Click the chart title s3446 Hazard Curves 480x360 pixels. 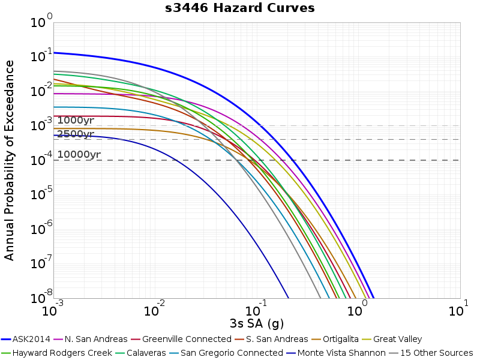click(x=239, y=8)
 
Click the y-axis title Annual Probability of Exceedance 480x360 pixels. click(x=9, y=160)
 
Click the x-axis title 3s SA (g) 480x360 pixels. click(x=257, y=323)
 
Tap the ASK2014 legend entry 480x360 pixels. click(x=25, y=339)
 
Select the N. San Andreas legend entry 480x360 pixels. click(x=91, y=339)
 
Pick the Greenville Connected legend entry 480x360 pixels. click(x=181, y=339)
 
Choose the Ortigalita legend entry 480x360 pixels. click(x=335, y=339)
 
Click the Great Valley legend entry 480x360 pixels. click(x=392, y=339)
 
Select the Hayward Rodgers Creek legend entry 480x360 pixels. click(x=56, y=353)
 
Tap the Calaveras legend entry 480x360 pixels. click(x=140, y=353)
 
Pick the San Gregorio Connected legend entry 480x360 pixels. click(x=226, y=353)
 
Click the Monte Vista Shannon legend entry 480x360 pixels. click(x=336, y=353)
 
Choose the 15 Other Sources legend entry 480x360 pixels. click(x=431, y=353)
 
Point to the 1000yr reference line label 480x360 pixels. click(x=76, y=121)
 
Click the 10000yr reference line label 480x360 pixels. click(x=79, y=154)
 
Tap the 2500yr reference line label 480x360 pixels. click(x=76, y=134)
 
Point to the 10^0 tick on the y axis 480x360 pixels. click(x=41, y=21)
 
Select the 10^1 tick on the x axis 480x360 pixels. click(x=458, y=309)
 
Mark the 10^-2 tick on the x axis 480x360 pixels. click(x=154, y=309)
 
